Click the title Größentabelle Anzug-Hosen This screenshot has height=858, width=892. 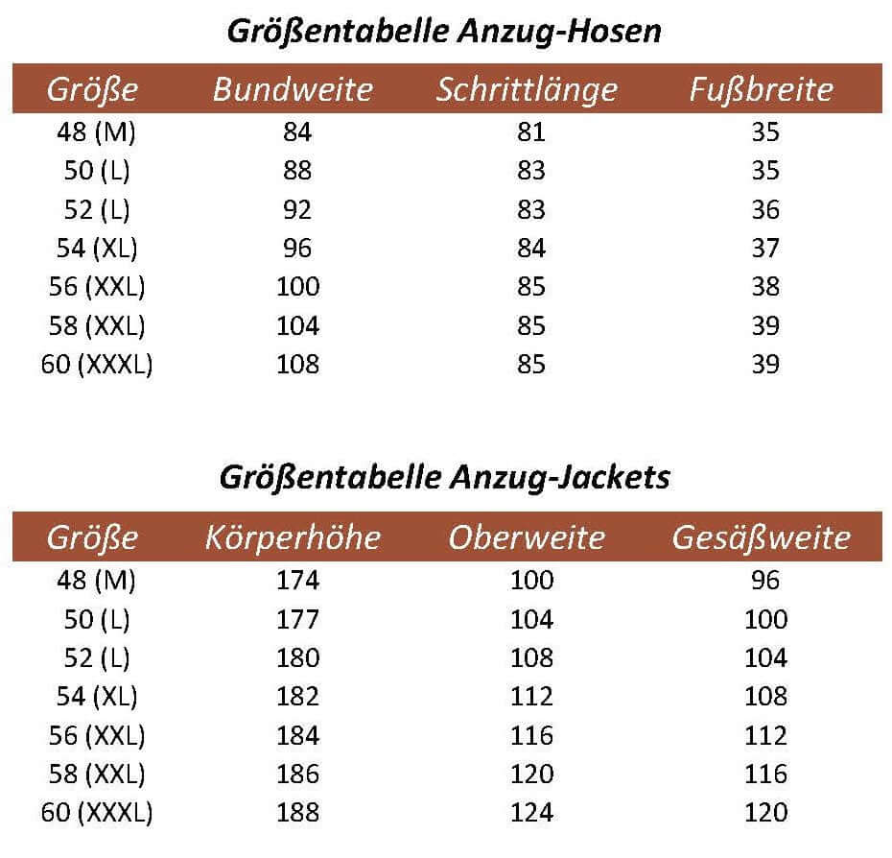[444, 32]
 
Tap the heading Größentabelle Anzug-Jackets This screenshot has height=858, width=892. [444, 477]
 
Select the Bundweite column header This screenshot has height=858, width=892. [293, 90]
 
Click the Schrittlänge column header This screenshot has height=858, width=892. [527, 90]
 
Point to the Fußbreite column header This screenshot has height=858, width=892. [762, 90]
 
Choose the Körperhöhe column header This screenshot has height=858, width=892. [293, 537]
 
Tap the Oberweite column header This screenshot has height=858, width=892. [527, 537]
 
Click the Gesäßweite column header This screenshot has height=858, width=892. [762, 537]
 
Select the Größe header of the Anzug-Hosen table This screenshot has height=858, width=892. [93, 90]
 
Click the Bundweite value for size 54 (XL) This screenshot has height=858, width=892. [297, 249]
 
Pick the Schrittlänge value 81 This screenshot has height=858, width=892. [530, 132]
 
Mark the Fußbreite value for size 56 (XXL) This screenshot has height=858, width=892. [765, 287]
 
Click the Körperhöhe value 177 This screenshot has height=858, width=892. [297, 619]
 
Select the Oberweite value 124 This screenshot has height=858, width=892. [532, 812]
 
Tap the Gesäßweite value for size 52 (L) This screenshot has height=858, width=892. [765, 657]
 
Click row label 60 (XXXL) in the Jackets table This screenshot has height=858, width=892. [97, 812]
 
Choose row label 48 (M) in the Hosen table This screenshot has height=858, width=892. [97, 132]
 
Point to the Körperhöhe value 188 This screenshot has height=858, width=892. [297, 812]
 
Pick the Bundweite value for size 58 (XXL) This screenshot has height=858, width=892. [297, 325]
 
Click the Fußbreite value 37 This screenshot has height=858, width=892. [765, 249]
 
